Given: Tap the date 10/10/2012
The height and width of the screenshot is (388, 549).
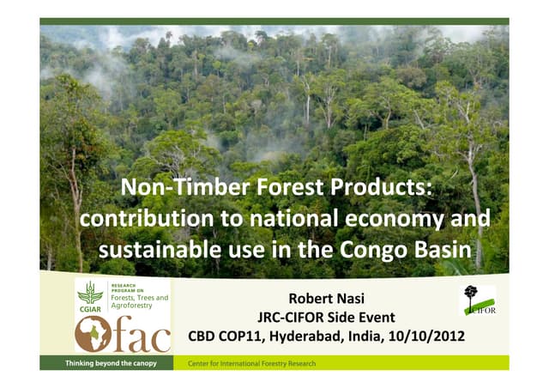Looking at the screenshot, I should pyautogui.click(x=427, y=335).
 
